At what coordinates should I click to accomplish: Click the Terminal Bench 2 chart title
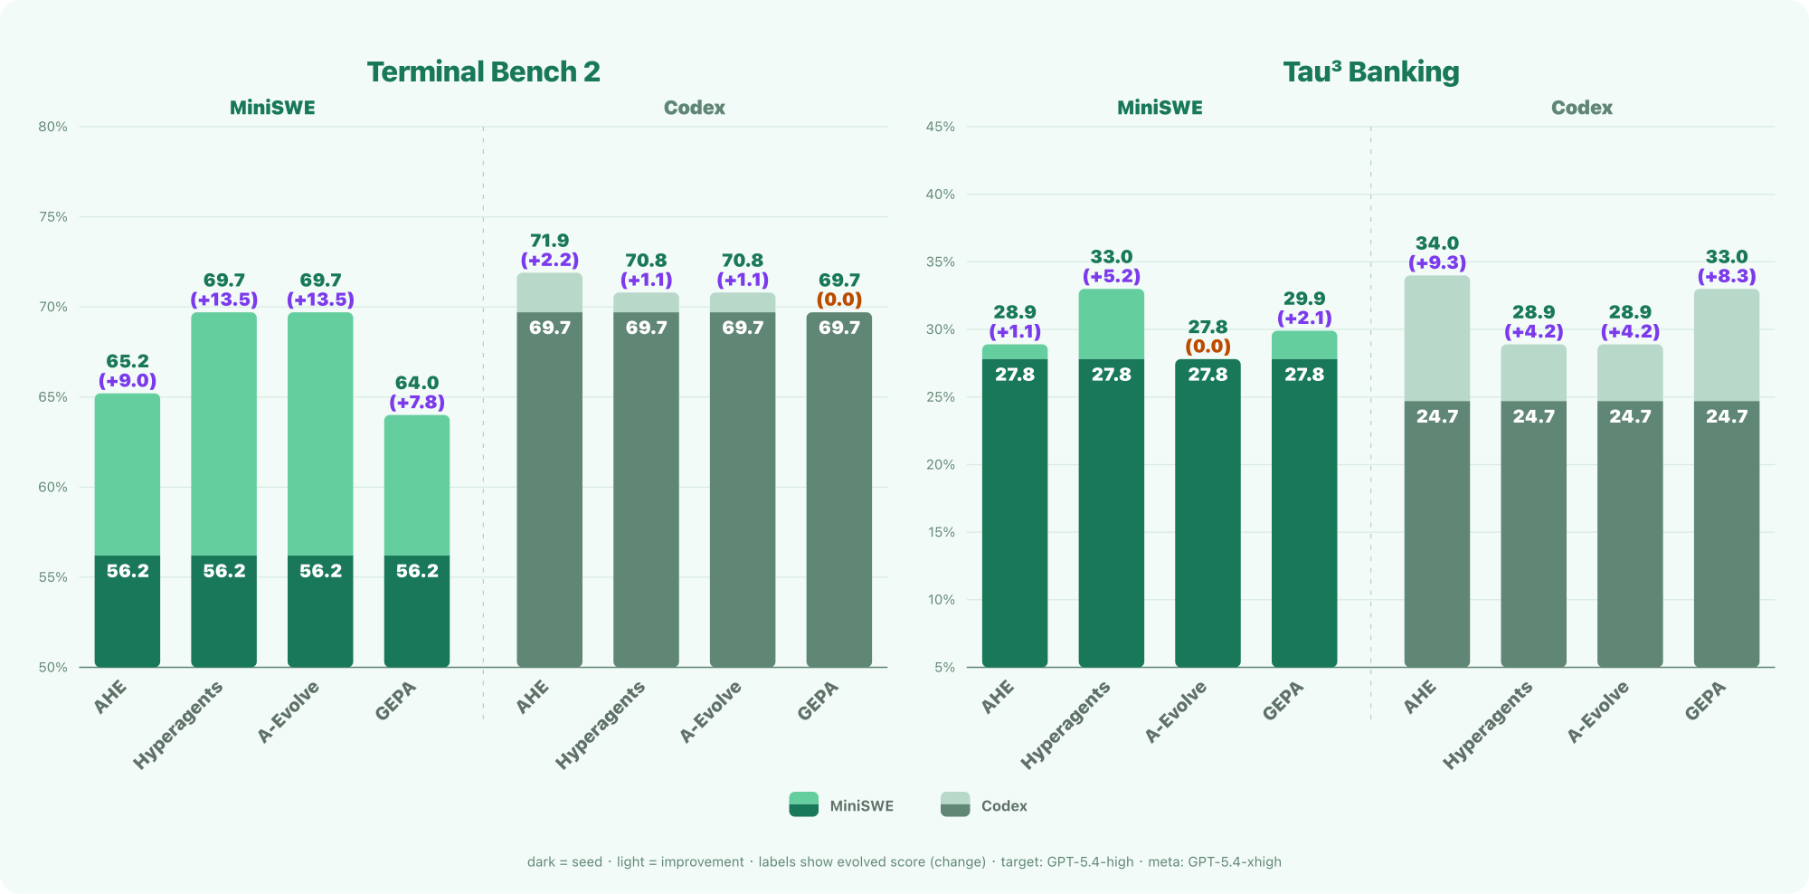click(x=483, y=71)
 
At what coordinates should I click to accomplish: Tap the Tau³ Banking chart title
click(x=1371, y=71)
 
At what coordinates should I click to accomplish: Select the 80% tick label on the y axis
click(x=52, y=127)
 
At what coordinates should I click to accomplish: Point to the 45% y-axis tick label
click(x=940, y=127)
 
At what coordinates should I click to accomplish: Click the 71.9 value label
click(x=550, y=241)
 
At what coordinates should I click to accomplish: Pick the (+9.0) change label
click(x=128, y=381)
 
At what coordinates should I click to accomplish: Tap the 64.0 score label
click(x=417, y=383)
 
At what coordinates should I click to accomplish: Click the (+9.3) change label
click(x=1437, y=262)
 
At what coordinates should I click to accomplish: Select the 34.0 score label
click(x=1437, y=243)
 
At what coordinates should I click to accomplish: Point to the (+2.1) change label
click(x=1304, y=318)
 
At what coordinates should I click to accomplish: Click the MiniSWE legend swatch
click(x=803, y=804)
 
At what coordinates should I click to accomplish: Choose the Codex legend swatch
click(x=955, y=804)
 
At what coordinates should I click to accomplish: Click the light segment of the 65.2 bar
click(x=128, y=474)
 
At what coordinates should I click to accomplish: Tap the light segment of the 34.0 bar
click(x=1437, y=338)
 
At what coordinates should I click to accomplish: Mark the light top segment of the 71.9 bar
click(x=550, y=293)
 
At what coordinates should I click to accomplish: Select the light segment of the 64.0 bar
click(x=417, y=485)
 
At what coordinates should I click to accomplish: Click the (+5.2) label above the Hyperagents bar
click(x=1112, y=276)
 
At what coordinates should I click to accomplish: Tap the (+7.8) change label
click(x=417, y=402)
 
